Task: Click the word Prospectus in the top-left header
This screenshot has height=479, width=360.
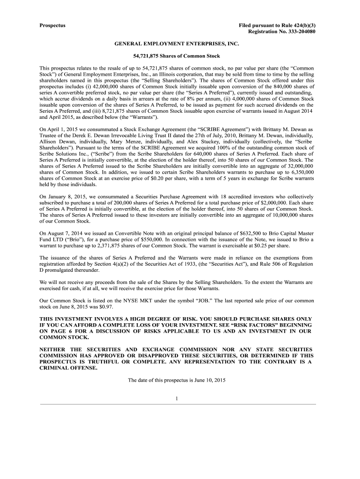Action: [x=52, y=24]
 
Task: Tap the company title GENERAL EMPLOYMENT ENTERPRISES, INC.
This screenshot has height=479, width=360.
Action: [x=177, y=44]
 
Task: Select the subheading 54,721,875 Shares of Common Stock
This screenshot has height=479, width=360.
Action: [x=177, y=56]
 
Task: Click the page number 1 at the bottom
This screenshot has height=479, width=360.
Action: [x=177, y=398]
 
